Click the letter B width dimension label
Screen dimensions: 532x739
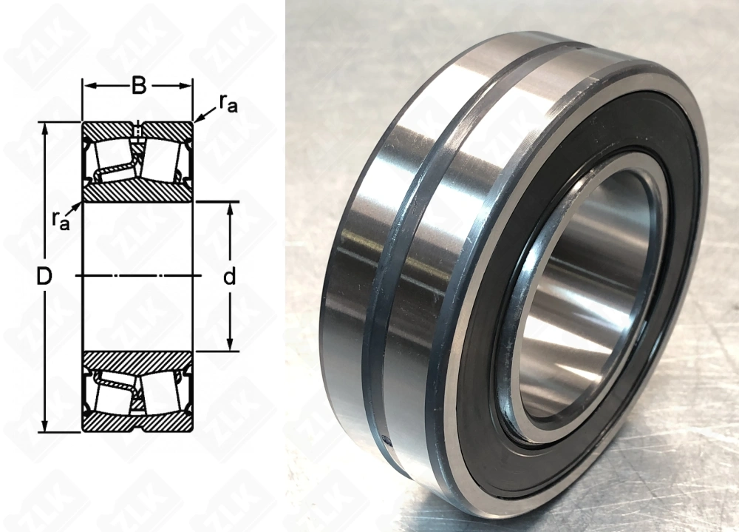[x=137, y=87]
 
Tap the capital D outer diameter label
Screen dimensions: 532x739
[x=44, y=277]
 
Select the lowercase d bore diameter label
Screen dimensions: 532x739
[x=230, y=277]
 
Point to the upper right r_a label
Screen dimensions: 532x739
[x=228, y=105]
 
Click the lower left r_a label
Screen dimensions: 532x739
[x=60, y=219]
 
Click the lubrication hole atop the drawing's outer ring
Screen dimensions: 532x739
[x=137, y=132]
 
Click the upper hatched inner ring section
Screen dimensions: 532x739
[x=137, y=192]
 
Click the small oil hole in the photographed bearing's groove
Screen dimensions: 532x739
[x=387, y=442]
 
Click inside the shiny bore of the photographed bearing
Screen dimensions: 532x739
[x=584, y=296]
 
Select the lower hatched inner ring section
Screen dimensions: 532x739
[x=137, y=362]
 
